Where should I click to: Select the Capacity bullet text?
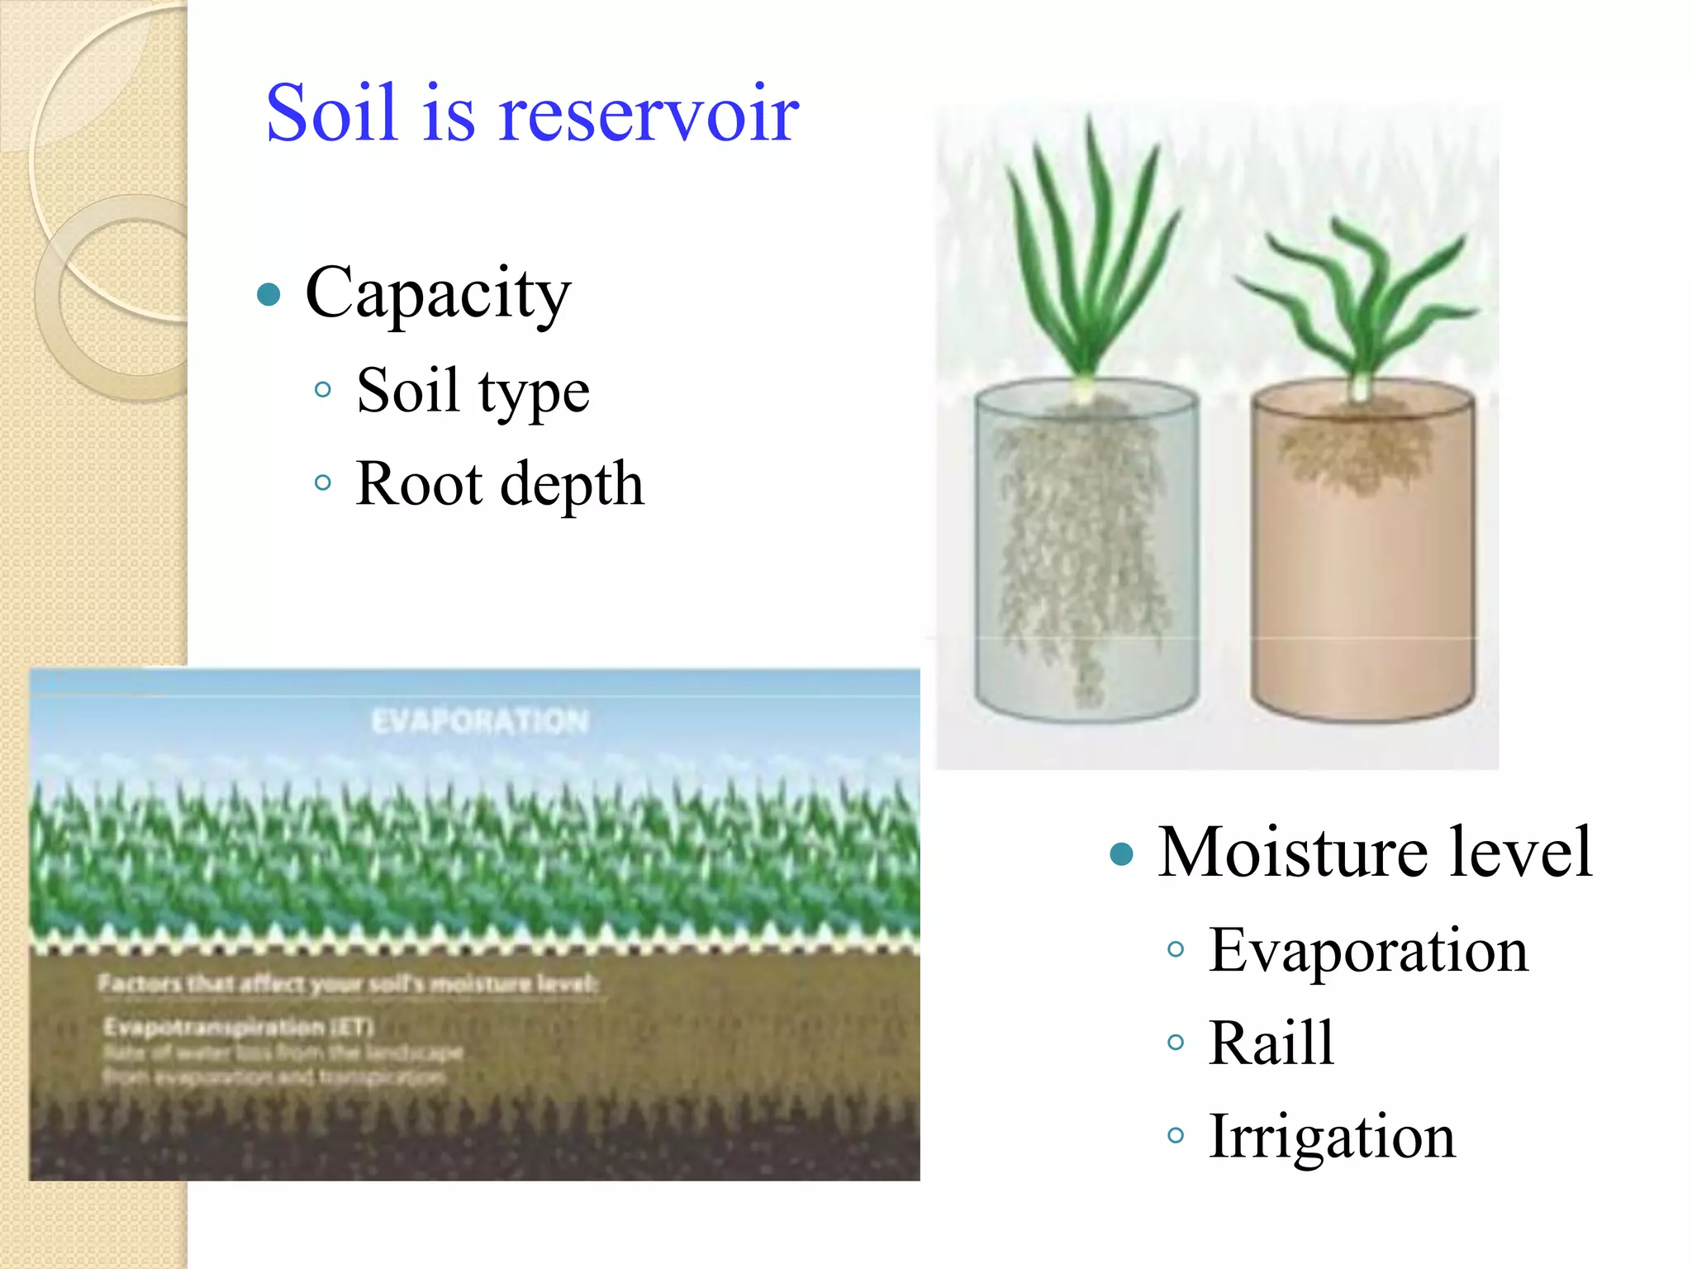point(438,293)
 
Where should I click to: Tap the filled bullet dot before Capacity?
point(269,294)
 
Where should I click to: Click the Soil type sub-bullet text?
point(473,390)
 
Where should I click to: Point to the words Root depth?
point(499,483)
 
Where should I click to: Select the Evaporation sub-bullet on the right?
point(1368,950)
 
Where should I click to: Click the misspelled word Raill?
point(1271,1043)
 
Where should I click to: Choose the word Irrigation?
point(1332,1137)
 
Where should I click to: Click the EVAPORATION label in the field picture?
point(480,721)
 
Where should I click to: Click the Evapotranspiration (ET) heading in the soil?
point(239,1027)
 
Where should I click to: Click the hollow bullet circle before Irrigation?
point(1175,1136)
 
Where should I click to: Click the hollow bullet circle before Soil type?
point(323,389)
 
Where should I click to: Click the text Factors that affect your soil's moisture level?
point(348,984)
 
